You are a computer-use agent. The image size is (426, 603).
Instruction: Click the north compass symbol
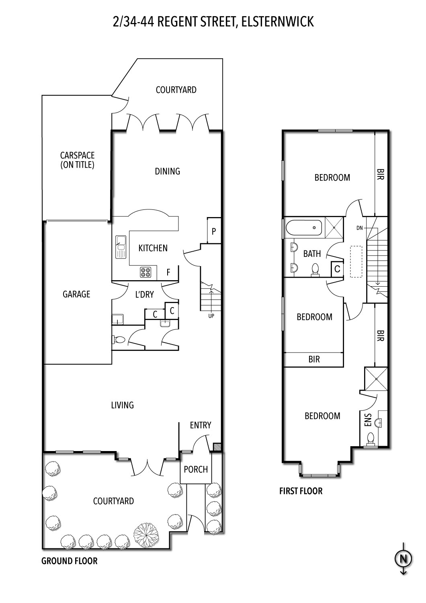coord(403,559)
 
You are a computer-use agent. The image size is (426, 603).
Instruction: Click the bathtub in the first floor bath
coord(304,228)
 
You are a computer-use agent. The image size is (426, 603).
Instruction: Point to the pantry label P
coord(214,231)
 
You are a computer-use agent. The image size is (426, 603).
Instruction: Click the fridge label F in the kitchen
coord(168,273)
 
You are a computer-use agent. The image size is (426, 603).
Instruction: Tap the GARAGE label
coord(76,294)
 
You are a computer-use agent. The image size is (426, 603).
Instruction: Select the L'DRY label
coord(145,295)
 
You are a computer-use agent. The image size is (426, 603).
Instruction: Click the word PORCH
coord(196,469)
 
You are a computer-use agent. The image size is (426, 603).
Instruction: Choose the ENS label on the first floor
coord(368,420)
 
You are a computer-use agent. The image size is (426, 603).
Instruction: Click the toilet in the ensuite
coord(371,439)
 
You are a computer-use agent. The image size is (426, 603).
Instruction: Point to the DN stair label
coord(360,228)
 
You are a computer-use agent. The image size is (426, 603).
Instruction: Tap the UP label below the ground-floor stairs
coord(211,316)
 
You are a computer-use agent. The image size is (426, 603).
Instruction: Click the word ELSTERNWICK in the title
coord(278,22)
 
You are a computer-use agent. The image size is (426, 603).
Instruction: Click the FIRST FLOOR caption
coord(301,491)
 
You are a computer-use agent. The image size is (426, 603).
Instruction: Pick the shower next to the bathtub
coord(334,228)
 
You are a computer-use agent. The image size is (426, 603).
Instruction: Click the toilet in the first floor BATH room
coord(315,270)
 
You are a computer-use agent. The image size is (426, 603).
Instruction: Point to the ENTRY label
coord(201,425)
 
